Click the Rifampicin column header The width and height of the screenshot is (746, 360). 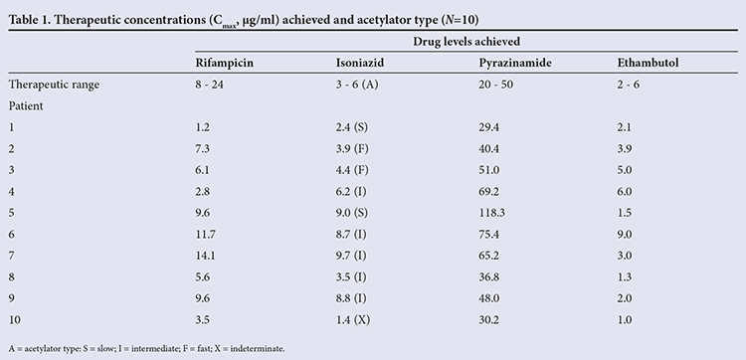coord(224,64)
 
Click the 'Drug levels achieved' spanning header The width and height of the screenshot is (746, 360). coord(466,42)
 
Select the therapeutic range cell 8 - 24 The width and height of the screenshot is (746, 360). coord(209,85)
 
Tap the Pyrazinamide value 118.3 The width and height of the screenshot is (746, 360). coord(492,213)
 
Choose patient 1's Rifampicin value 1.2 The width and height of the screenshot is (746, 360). coord(202,127)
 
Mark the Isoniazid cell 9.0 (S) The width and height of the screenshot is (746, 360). coord(352,213)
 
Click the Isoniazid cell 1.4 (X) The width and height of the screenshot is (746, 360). coord(352,319)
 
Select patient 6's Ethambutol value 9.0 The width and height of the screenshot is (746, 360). coord(625,234)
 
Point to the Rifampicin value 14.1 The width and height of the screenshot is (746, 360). coord(205,256)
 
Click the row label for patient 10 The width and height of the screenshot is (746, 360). coord(14,319)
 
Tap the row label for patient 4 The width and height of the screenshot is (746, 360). coord(12,191)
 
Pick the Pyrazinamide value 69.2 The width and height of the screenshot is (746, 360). coord(489,191)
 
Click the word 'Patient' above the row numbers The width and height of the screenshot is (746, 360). coord(26,106)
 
